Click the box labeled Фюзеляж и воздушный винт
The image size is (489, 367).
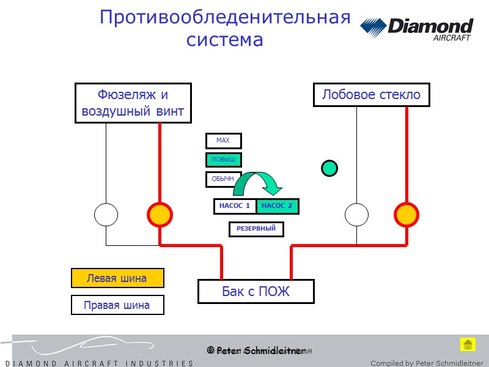point(133,103)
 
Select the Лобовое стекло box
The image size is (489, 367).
point(371,95)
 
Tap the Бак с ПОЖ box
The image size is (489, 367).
point(256,292)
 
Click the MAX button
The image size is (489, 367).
point(223,141)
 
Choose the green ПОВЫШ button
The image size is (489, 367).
point(223,160)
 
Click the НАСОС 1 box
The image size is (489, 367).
point(235,206)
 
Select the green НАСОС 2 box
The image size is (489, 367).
point(278,206)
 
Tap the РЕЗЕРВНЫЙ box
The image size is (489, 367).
point(256,229)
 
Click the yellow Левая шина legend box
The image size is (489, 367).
point(117,278)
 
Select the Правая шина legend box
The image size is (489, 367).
point(117,305)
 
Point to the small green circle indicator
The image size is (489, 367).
point(329,168)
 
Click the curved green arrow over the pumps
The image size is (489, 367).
point(257,182)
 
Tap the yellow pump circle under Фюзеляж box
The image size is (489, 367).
point(160,215)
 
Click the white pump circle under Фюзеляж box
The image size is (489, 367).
point(106,215)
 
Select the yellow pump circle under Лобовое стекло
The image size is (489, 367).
point(406,215)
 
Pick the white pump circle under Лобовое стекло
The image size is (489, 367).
point(357,215)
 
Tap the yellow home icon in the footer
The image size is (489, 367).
point(468,344)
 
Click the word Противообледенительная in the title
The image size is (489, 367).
point(225,17)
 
